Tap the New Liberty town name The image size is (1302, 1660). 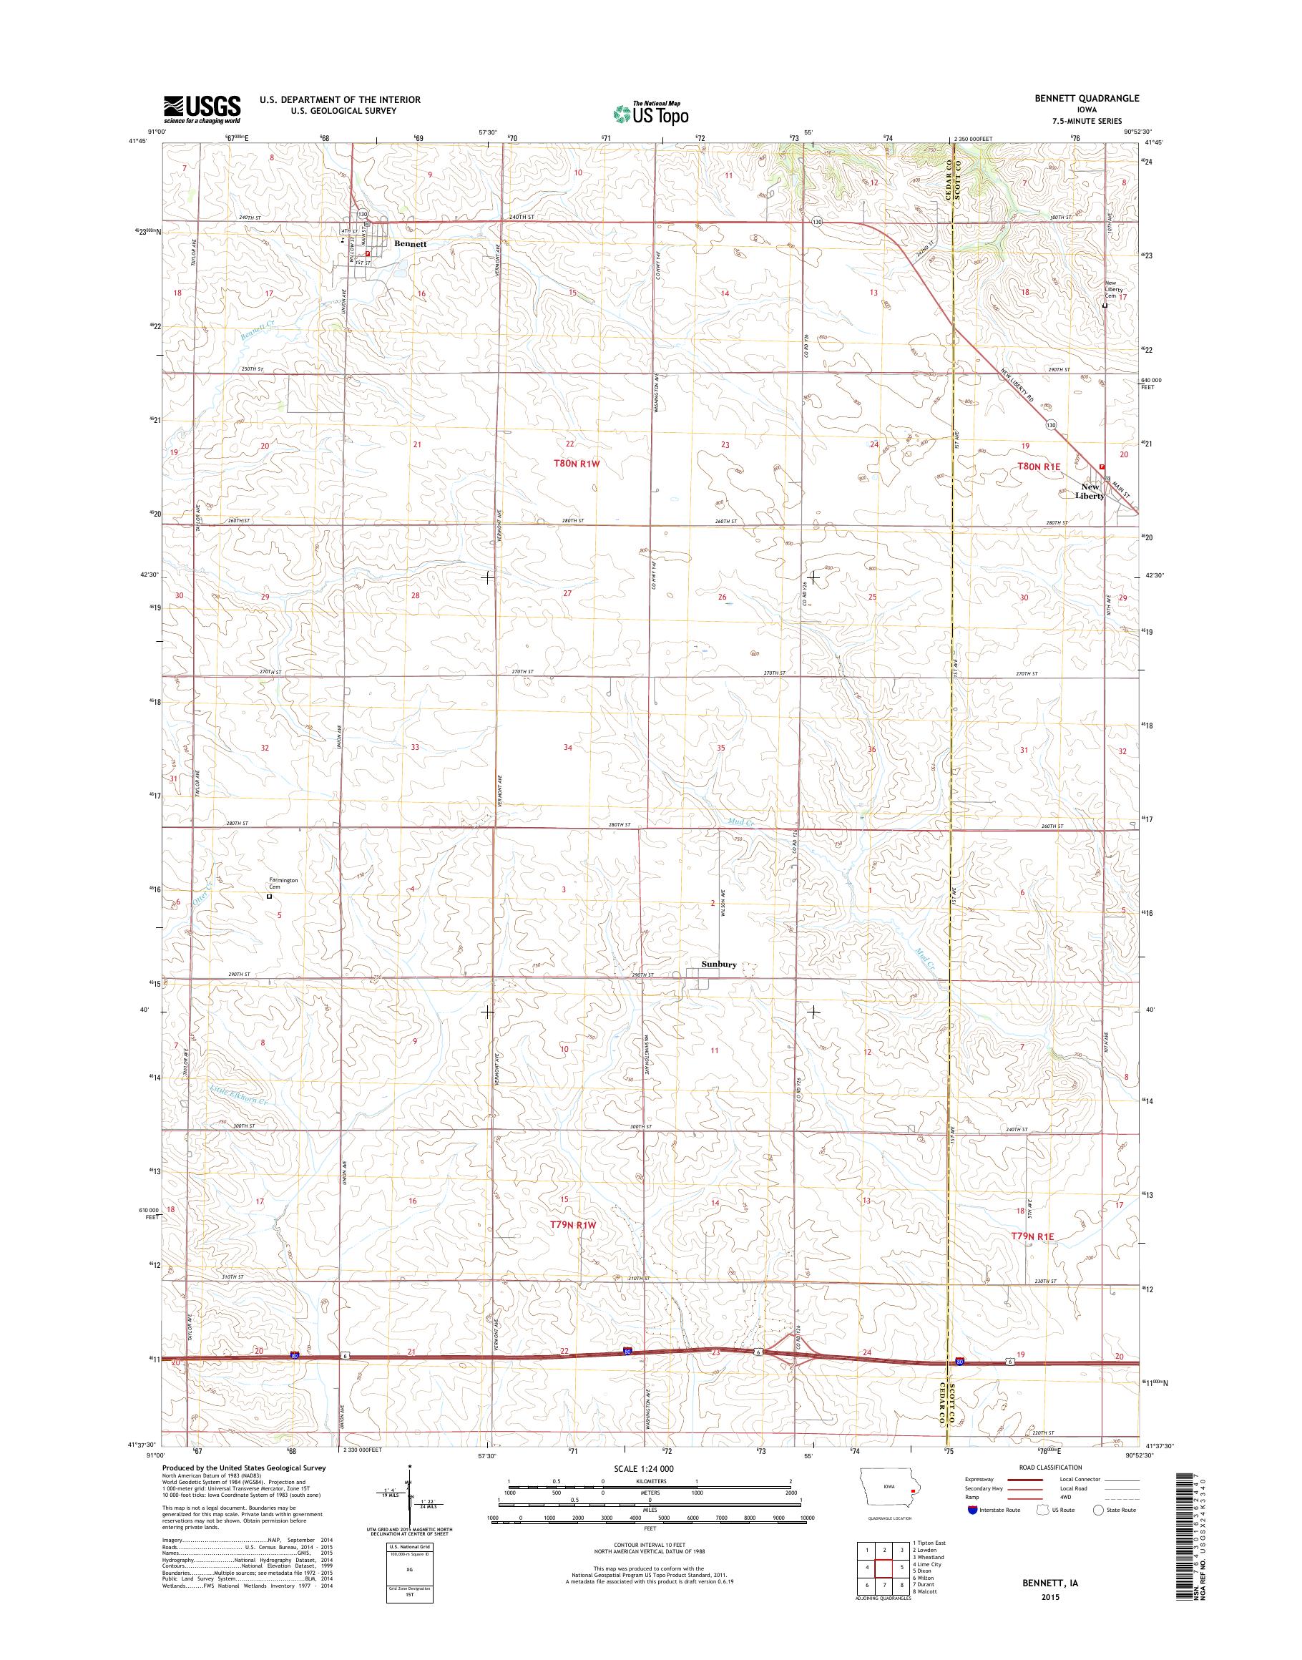click(x=1090, y=491)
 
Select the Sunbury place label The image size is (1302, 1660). click(x=719, y=965)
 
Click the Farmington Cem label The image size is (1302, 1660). click(x=282, y=884)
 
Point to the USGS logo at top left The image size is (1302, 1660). click(x=201, y=109)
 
